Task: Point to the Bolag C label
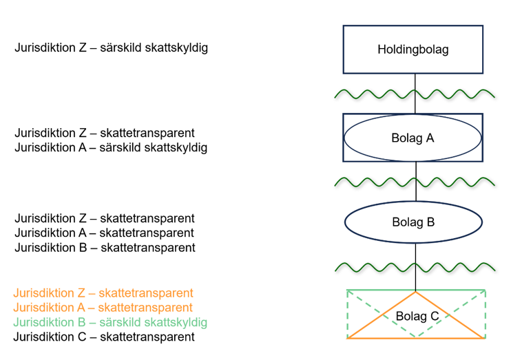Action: click(x=417, y=316)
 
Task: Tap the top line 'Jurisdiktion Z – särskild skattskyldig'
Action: click(x=111, y=48)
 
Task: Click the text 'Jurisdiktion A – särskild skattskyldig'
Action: click(x=111, y=147)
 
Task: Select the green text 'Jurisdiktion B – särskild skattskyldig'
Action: click(x=110, y=322)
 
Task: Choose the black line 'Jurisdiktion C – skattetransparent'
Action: click(x=104, y=337)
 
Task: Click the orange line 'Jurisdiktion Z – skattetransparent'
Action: click(x=103, y=293)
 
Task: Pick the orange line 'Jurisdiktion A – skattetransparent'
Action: click(x=103, y=308)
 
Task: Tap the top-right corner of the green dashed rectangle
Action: click(x=486, y=290)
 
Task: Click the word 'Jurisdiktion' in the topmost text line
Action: click(x=45, y=48)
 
